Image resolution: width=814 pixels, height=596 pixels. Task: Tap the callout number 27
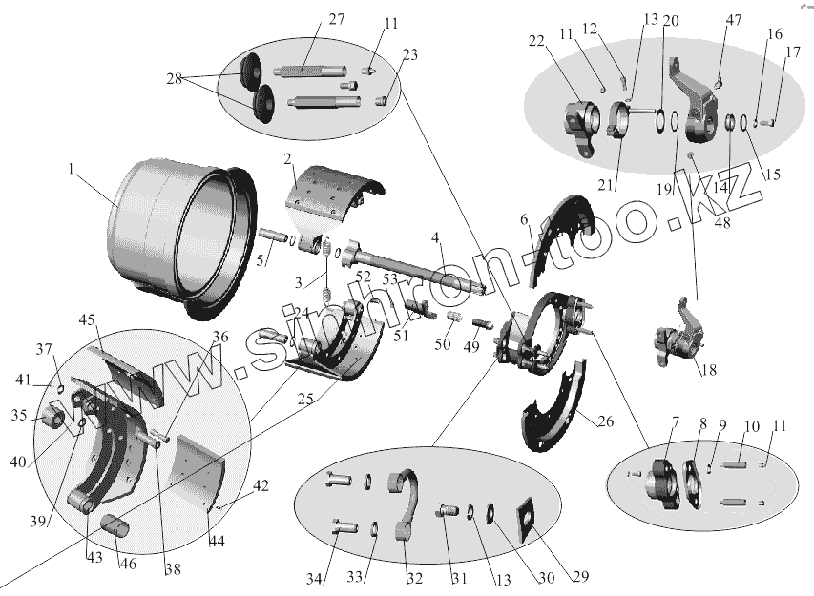click(x=311, y=20)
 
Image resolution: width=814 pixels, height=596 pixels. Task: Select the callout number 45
click(x=88, y=319)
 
